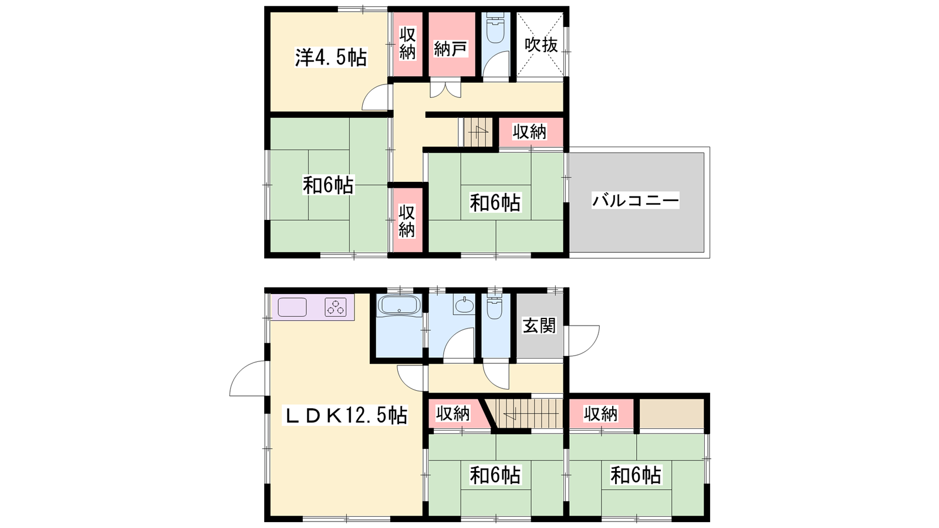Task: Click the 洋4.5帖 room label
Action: [331, 57]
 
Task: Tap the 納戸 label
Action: [450, 49]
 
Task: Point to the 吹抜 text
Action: [541, 45]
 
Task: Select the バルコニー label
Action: [635, 201]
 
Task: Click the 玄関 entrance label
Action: [539, 326]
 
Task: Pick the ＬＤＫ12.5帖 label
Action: [345, 416]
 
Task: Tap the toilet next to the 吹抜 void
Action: [495, 28]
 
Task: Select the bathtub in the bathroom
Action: [399, 304]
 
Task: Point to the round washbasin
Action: [464, 305]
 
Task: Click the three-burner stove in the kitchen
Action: [336, 307]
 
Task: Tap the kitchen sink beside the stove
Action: [292, 307]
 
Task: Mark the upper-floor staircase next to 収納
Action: [478, 132]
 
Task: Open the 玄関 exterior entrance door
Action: [582, 341]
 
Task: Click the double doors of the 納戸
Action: [445, 88]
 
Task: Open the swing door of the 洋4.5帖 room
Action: [377, 97]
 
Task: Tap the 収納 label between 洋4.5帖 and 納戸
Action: [407, 43]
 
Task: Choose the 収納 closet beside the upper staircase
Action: [530, 132]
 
